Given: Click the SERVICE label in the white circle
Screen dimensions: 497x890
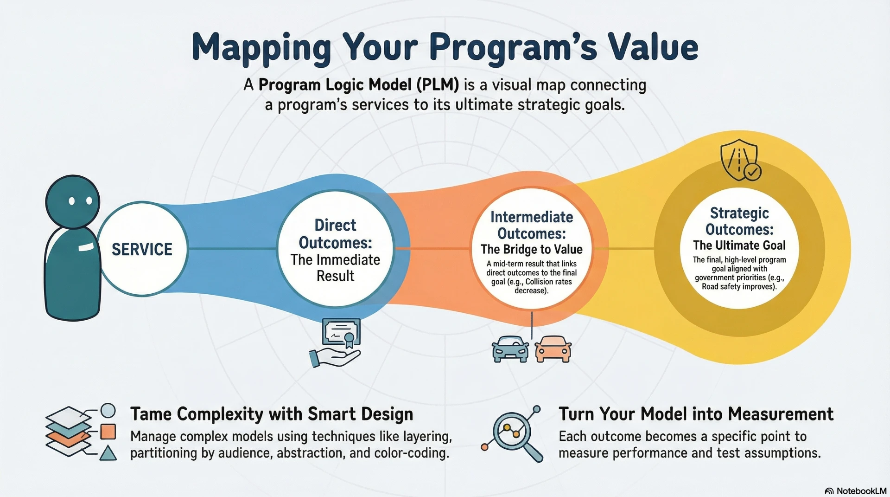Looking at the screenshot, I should point(142,250).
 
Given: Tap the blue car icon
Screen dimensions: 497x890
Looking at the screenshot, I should point(510,349).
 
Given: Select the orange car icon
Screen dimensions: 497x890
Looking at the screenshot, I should point(553,349).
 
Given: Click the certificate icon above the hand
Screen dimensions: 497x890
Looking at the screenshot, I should point(341,332).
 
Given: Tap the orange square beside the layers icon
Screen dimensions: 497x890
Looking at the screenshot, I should point(108,432).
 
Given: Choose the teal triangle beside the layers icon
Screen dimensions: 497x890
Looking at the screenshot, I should point(108,453).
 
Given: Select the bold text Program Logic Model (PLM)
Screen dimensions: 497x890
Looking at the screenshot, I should point(358,85).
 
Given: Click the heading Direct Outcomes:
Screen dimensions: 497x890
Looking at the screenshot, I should point(335,234).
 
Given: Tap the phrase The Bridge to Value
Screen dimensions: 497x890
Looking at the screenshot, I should point(531,249).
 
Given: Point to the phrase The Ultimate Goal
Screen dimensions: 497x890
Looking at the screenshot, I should point(739,245).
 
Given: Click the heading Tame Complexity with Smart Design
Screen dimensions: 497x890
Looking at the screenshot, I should point(272,414).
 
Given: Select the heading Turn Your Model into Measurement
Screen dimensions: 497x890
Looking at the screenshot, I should point(696,414).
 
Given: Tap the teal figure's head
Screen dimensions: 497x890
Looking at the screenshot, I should point(73,201).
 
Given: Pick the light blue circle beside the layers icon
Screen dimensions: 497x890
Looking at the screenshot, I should point(108,411).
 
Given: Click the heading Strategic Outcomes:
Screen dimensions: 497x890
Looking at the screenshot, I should point(739,221).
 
